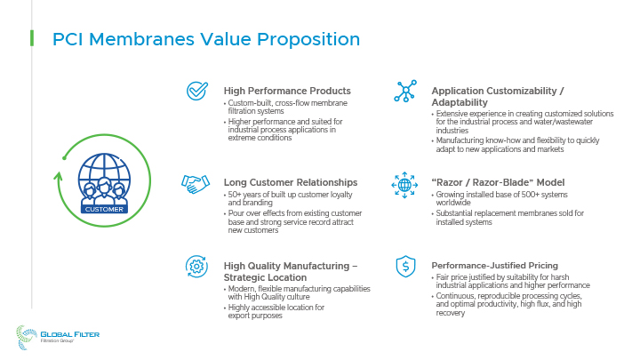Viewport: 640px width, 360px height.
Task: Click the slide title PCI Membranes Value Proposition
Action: pos(206,40)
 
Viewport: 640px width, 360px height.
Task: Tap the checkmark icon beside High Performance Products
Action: pos(197,91)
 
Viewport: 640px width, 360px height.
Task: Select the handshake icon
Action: pos(196,184)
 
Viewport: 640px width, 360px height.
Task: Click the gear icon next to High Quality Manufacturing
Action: pos(196,267)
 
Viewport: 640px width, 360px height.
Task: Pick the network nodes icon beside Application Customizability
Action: pos(405,91)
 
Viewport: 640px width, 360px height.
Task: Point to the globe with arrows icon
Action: pos(404,185)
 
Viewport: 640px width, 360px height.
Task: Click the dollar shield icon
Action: pos(405,267)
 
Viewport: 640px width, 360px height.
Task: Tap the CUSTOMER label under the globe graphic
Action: pos(104,210)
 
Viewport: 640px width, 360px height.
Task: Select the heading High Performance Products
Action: pos(287,91)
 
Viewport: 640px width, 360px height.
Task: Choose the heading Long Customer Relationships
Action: pos(290,182)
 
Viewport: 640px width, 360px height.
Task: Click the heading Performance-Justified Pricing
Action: pos(495,265)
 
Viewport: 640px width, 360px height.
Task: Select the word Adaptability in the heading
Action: pos(460,102)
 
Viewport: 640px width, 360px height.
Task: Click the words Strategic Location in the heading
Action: pos(265,277)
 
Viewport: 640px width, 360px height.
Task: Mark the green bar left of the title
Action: pos(32,38)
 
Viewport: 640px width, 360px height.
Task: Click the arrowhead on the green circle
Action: pos(58,176)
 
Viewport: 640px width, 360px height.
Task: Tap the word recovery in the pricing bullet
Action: pos(450,313)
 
